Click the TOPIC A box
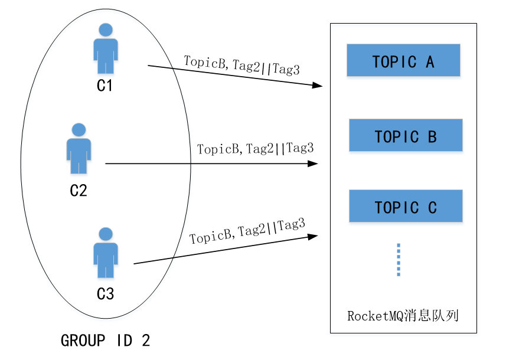point(403,60)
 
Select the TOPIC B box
point(406,135)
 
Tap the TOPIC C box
point(406,206)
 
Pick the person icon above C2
point(79,148)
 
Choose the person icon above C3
point(105,252)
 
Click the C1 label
point(105,86)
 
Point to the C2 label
point(79,191)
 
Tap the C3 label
point(105,293)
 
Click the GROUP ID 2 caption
point(106,341)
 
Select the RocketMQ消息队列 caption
point(403,316)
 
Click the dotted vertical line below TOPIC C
point(399,260)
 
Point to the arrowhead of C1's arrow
point(316,86)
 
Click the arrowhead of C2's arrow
point(314,163)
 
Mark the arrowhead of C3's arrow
point(313,235)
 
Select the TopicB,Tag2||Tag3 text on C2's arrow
point(255,149)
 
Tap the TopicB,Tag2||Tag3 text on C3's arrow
point(247,232)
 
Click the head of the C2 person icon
point(79,130)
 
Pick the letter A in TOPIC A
point(429,61)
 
